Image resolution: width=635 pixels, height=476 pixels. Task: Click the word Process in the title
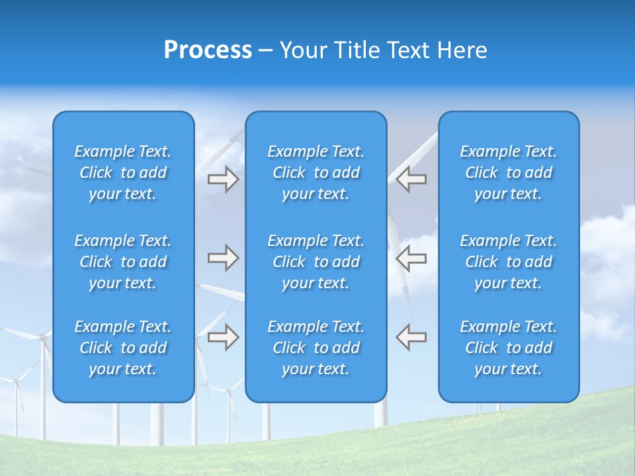[x=208, y=50]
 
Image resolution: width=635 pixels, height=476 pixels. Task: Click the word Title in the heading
[x=360, y=50]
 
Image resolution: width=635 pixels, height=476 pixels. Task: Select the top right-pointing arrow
[x=223, y=179]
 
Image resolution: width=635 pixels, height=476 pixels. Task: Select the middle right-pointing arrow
[x=223, y=258]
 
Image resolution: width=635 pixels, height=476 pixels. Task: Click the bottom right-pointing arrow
[x=223, y=337]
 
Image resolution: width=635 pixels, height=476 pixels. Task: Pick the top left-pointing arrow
[x=411, y=179]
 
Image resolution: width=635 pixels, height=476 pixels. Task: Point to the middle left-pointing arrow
[x=411, y=258]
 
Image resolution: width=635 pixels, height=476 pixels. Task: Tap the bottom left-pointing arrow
[x=411, y=337]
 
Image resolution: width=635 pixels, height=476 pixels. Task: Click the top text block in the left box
[x=123, y=173]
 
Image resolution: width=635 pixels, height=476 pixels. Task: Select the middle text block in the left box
[x=123, y=262]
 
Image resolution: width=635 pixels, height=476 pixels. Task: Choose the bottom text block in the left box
[x=123, y=348]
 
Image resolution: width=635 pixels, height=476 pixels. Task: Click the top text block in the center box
[x=316, y=173]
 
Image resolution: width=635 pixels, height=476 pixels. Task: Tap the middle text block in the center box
[x=316, y=262]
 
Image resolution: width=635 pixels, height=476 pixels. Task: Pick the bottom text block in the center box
[x=316, y=348]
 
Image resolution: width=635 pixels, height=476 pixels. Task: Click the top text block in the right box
[x=509, y=173]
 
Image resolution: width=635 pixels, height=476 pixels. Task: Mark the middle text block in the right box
[x=509, y=262]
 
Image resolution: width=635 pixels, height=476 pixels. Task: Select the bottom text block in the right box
[x=509, y=348]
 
